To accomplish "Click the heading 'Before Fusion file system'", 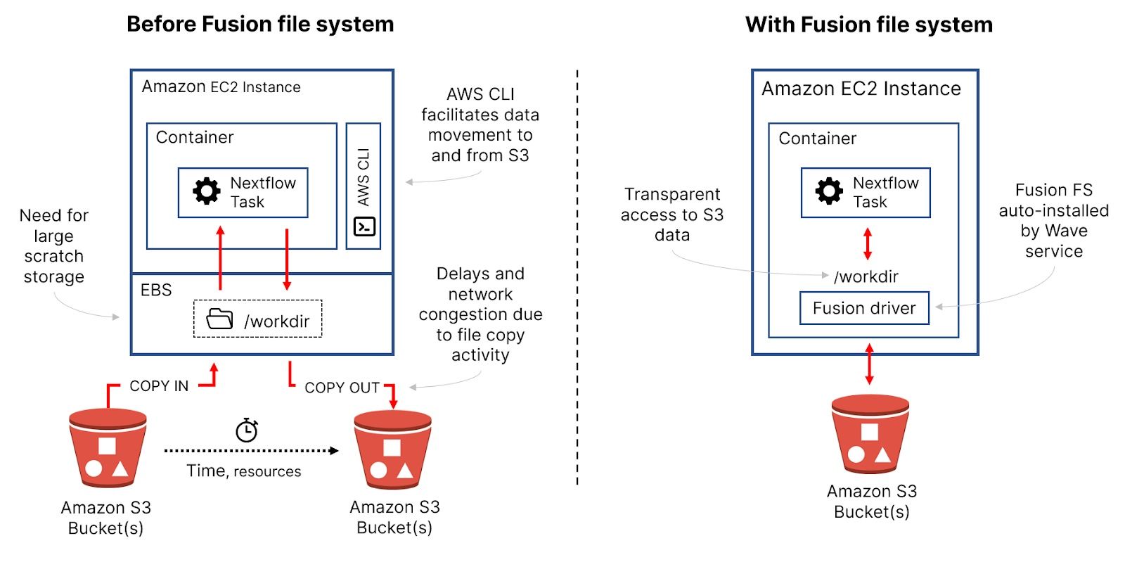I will pyautogui.click(x=260, y=24).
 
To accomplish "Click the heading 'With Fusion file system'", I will pyautogui.click(x=869, y=25).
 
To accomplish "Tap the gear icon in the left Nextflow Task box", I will pyautogui.click(x=207, y=191).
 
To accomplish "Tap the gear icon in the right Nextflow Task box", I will pyautogui.click(x=829, y=191).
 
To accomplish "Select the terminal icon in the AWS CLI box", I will pyautogui.click(x=364, y=226).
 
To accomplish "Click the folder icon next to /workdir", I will pyautogui.click(x=219, y=319).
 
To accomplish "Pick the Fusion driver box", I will pyautogui.click(x=864, y=308).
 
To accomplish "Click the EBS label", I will pyautogui.click(x=156, y=290).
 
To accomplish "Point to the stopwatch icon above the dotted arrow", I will pyautogui.click(x=247, y=430).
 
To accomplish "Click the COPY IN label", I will pyautogui.click(x=159, y=386).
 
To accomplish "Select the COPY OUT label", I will pyautogui.click(x=342, y=388).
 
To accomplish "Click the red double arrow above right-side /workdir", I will pyautogui.click(x=868, y=243).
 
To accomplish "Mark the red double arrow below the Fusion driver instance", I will pyautogui.click(x=870, y=364).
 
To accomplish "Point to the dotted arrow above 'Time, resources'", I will pyautogui.click(x=250, y=451).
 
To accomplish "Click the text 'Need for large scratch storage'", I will pyautogui.click(x=53, y=245).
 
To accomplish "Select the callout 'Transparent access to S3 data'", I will pyautogui.click(x=671, y=215).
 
